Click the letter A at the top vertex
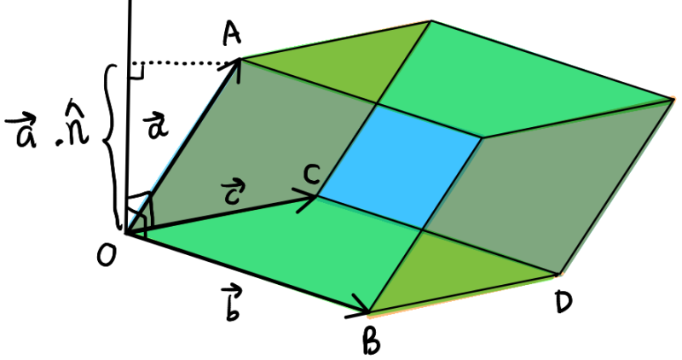(232, 34)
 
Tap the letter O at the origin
(107, 255)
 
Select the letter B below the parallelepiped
(372, 341)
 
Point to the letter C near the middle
(312, 174)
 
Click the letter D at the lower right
(564, 302)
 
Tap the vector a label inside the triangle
(156, 127)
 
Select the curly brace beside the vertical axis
(113, 146)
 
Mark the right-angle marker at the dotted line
(136, 72)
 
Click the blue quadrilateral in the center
(401, 167)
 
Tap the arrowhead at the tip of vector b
(360, 306)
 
